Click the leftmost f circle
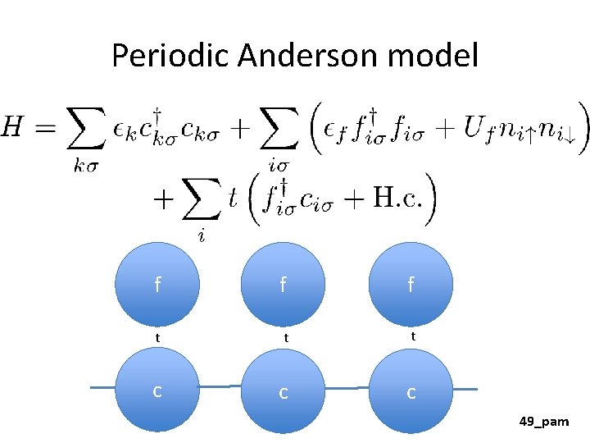click(x=157, y=285)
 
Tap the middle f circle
click(x=284, y=285)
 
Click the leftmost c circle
click(x=157, y=391)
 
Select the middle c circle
click(x=284, y=393)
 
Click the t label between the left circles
click(x=158, y=336)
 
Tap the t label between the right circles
click(x=412, y=335)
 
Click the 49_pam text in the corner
click(x=543, y=422)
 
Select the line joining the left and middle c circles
click(x=220, y=386)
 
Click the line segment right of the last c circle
click(x=465, y=388)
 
